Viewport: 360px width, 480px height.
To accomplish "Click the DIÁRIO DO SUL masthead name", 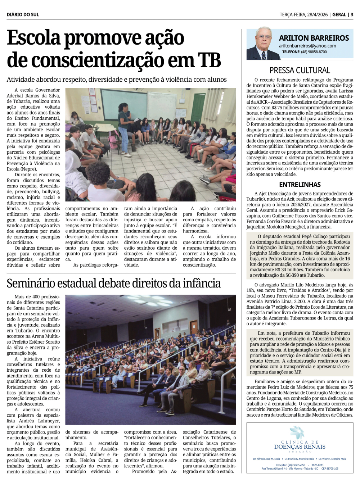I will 23,15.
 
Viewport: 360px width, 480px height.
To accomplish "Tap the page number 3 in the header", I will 352,15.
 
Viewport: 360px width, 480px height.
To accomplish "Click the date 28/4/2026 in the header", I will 317,15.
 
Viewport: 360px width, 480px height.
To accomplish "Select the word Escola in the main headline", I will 33,38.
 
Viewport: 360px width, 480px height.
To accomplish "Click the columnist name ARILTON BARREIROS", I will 314,38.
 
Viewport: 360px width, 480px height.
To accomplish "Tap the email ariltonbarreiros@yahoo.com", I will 307,46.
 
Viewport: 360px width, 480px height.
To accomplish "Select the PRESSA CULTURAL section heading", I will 300,70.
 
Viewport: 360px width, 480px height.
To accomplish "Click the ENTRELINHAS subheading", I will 300,185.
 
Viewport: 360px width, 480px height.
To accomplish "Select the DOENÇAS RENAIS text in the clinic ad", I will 300,447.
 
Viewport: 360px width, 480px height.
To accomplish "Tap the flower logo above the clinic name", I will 297,433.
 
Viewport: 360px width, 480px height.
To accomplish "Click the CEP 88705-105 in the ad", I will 330,468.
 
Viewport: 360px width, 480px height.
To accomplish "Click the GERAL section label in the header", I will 339,15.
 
